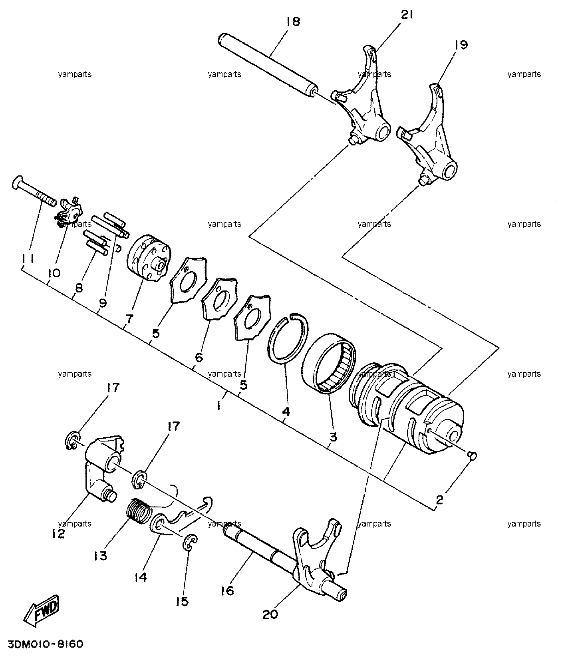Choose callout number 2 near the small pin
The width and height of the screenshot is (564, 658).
[x=440, y=500]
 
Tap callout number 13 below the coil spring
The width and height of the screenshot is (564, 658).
[x=101, y=555]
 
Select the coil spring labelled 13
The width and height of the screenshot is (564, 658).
[x=139, y=509]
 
